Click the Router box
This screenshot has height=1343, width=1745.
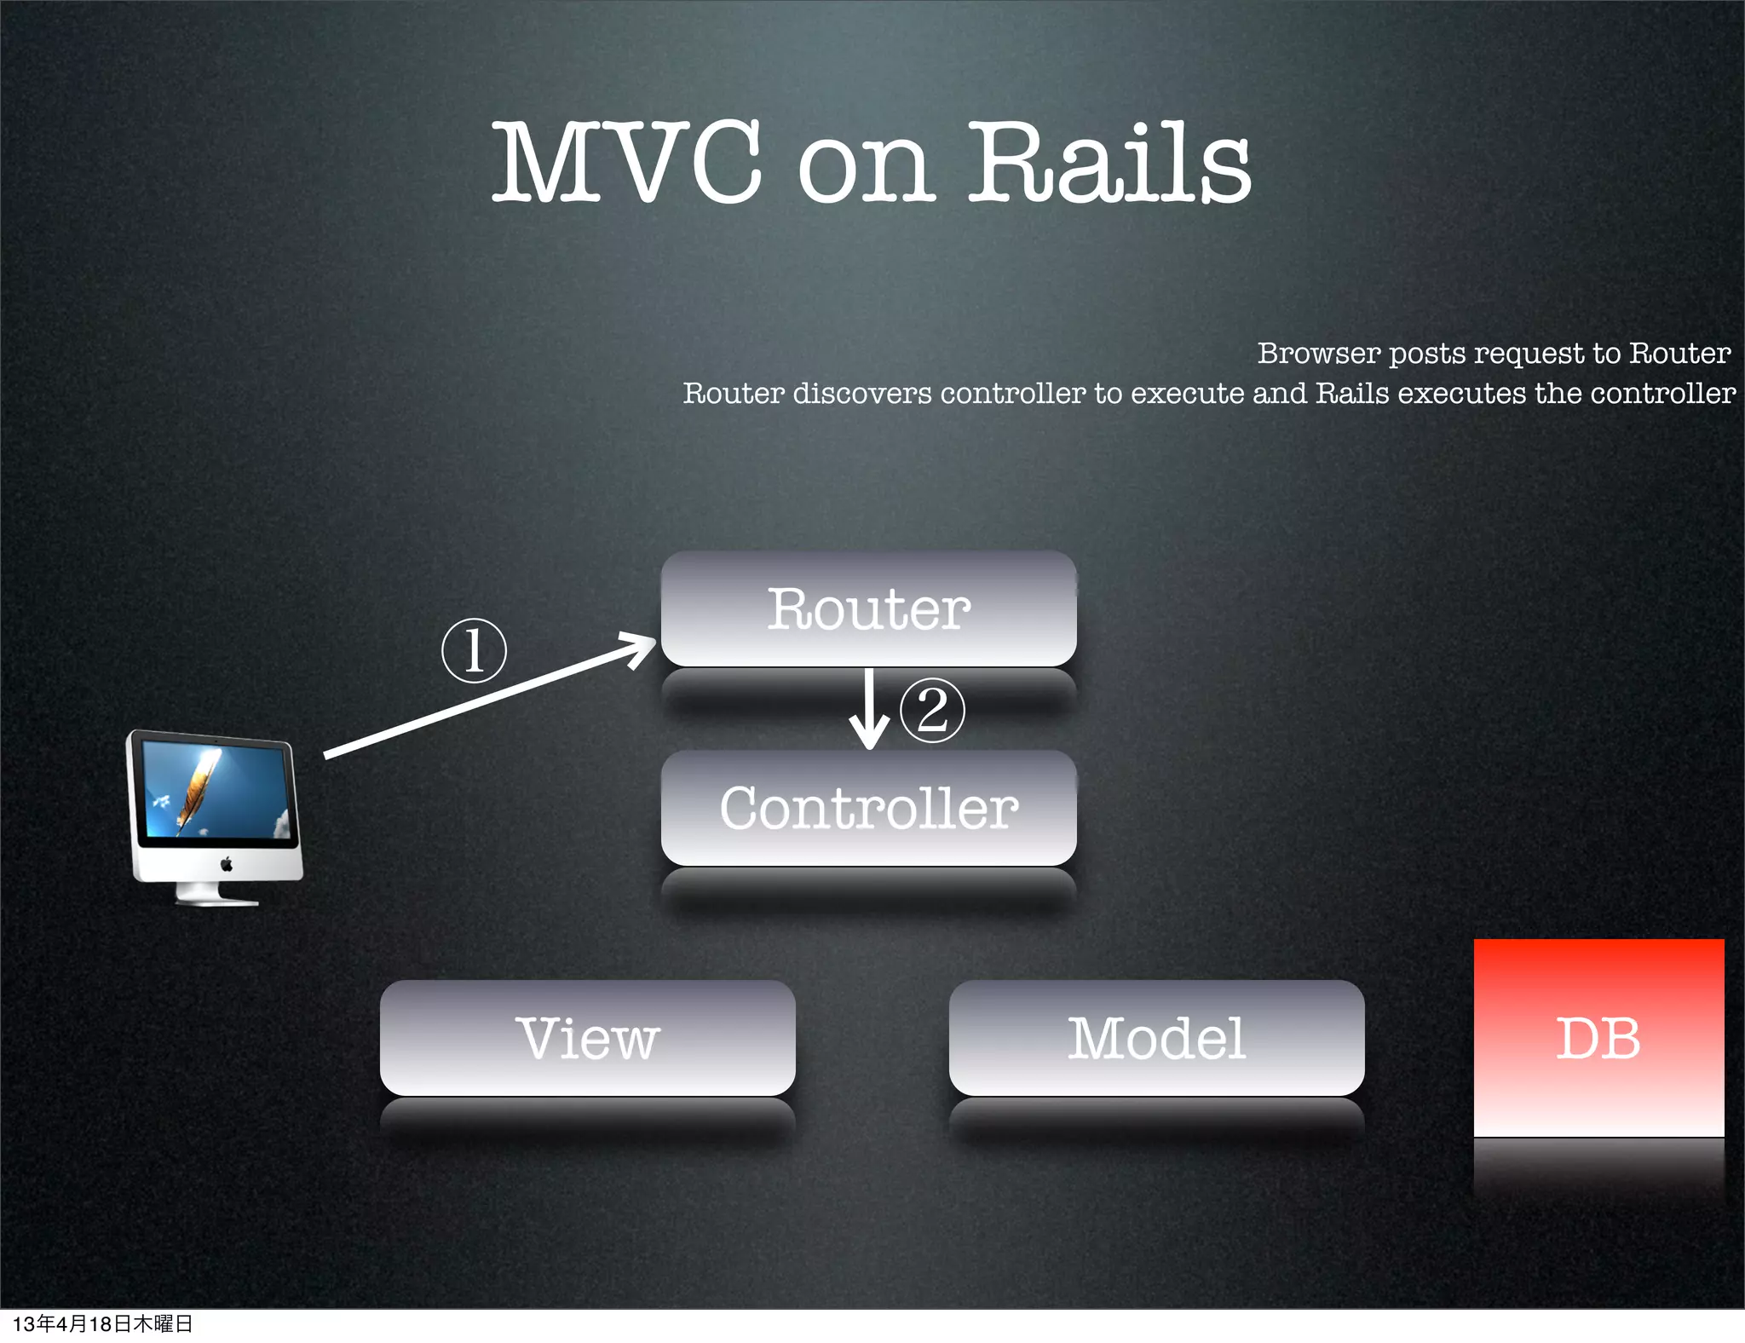pos(868,608)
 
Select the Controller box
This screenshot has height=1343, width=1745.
pos(868,808)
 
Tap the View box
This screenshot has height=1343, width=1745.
pos(587,1038)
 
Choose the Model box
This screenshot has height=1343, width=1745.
pos(1156,1038)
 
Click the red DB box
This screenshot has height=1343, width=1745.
pos(1598,1038)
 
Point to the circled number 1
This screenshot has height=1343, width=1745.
pos(474,651)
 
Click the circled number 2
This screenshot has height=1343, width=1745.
pos(932,710)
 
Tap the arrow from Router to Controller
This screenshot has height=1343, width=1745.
pos(869,709)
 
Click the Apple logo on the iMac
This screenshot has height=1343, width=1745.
pos(227,865)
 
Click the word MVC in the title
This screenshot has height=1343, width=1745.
pos(626,162)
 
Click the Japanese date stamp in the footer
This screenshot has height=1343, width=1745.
pos(102,1323)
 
